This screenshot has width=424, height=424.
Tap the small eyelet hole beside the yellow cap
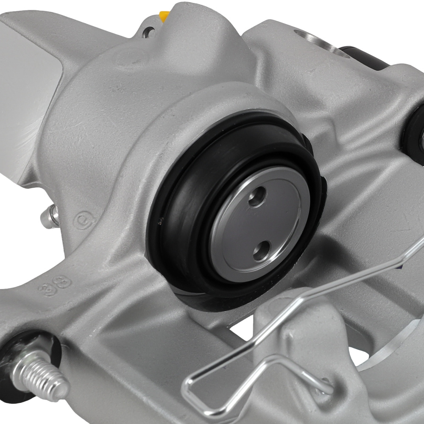pos(148,31)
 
